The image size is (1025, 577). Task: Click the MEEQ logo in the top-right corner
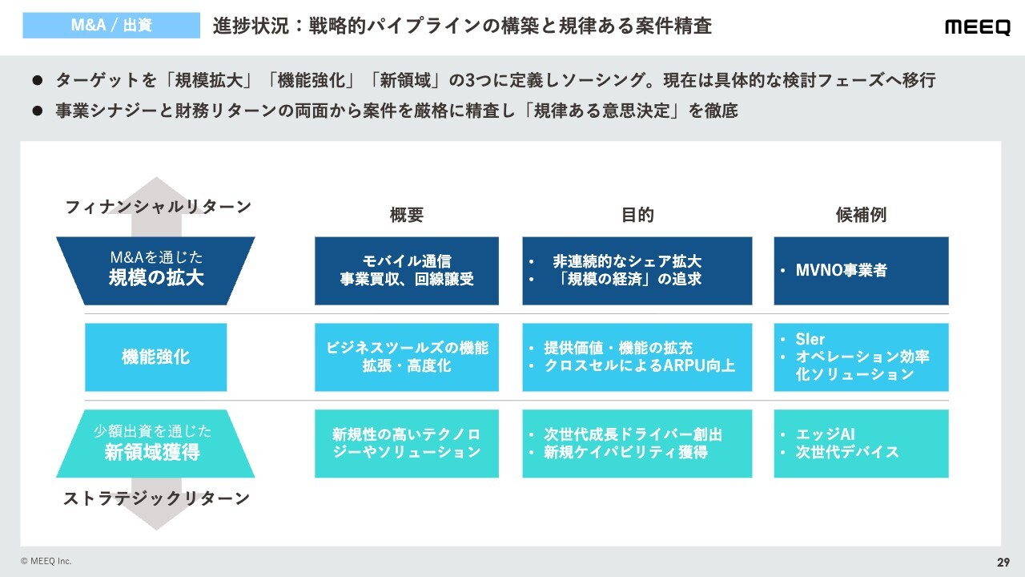point(978,27)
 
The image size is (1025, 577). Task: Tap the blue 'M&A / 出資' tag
point(111,25)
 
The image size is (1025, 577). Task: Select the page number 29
point(1003,563)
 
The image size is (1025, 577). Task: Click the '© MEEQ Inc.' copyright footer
point(46,561)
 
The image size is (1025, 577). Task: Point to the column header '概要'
point(407,215)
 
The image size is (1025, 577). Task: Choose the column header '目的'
point(637,215)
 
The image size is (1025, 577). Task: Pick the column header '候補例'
point(861,215)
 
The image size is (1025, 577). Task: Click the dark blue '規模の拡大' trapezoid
point(155,271)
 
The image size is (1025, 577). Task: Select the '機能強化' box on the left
point(155,357)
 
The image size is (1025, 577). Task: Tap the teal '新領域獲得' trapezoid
point(155,444)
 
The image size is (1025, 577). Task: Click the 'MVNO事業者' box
point(861,271)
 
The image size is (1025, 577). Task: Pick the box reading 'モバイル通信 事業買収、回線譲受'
point(407,271)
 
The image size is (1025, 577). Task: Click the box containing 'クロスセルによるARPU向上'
point(637,357)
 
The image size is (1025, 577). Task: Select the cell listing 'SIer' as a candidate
point(861,357)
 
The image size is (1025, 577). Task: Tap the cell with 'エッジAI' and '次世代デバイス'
point(861,444)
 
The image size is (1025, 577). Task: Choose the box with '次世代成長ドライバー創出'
point(637,444)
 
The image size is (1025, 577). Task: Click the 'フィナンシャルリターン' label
point(159,207)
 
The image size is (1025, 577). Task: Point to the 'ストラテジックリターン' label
point(156,498)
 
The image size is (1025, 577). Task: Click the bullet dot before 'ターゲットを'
point(38,81)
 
